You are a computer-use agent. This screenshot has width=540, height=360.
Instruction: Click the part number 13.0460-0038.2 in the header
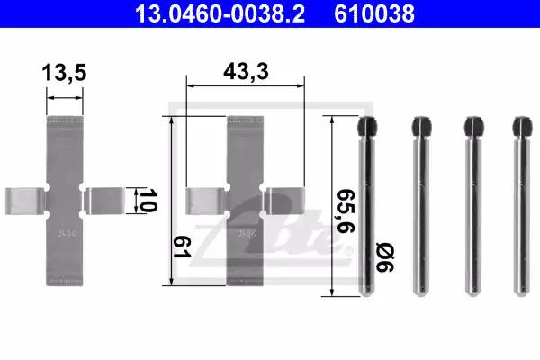point(220,13)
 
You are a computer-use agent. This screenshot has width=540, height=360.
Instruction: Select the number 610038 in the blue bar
point(374,13)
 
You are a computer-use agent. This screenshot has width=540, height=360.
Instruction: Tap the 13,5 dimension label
point(64,73)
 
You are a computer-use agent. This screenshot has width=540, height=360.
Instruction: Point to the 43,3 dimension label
point(246,72)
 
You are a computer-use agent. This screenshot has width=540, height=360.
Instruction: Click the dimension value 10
point(148,201)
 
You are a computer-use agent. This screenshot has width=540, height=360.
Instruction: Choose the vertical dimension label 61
point(182,247)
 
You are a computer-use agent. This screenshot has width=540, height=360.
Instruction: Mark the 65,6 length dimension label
point(346,211)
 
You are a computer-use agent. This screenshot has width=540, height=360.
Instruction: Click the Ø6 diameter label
point(385,257)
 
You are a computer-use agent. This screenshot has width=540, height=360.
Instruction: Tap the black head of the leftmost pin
point(367,127)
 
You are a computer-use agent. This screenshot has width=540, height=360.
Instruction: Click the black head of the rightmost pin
point(522,127)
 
